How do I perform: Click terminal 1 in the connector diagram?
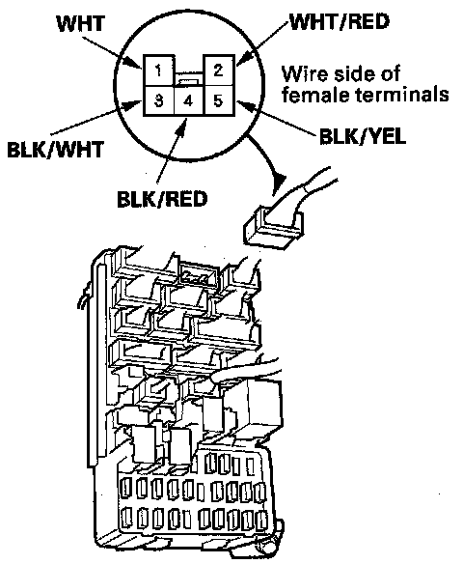click(159, 70)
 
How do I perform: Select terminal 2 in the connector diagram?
click(219, 70)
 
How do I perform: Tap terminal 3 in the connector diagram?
click(158, 101)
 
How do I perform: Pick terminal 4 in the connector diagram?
click(189, 101)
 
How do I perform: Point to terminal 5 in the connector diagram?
click(219, 101)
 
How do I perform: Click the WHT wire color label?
click(81, 23)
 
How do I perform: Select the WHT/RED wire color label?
click(340, 21)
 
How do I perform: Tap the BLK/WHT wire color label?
click(55, 149)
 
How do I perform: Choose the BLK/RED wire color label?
click(162, 199)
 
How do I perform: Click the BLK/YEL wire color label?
click(363, 136)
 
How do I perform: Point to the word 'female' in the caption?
click(313, 95)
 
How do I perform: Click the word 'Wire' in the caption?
click(304, 73)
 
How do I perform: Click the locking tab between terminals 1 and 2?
click(189, 82)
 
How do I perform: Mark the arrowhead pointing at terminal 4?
click(183, 125)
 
